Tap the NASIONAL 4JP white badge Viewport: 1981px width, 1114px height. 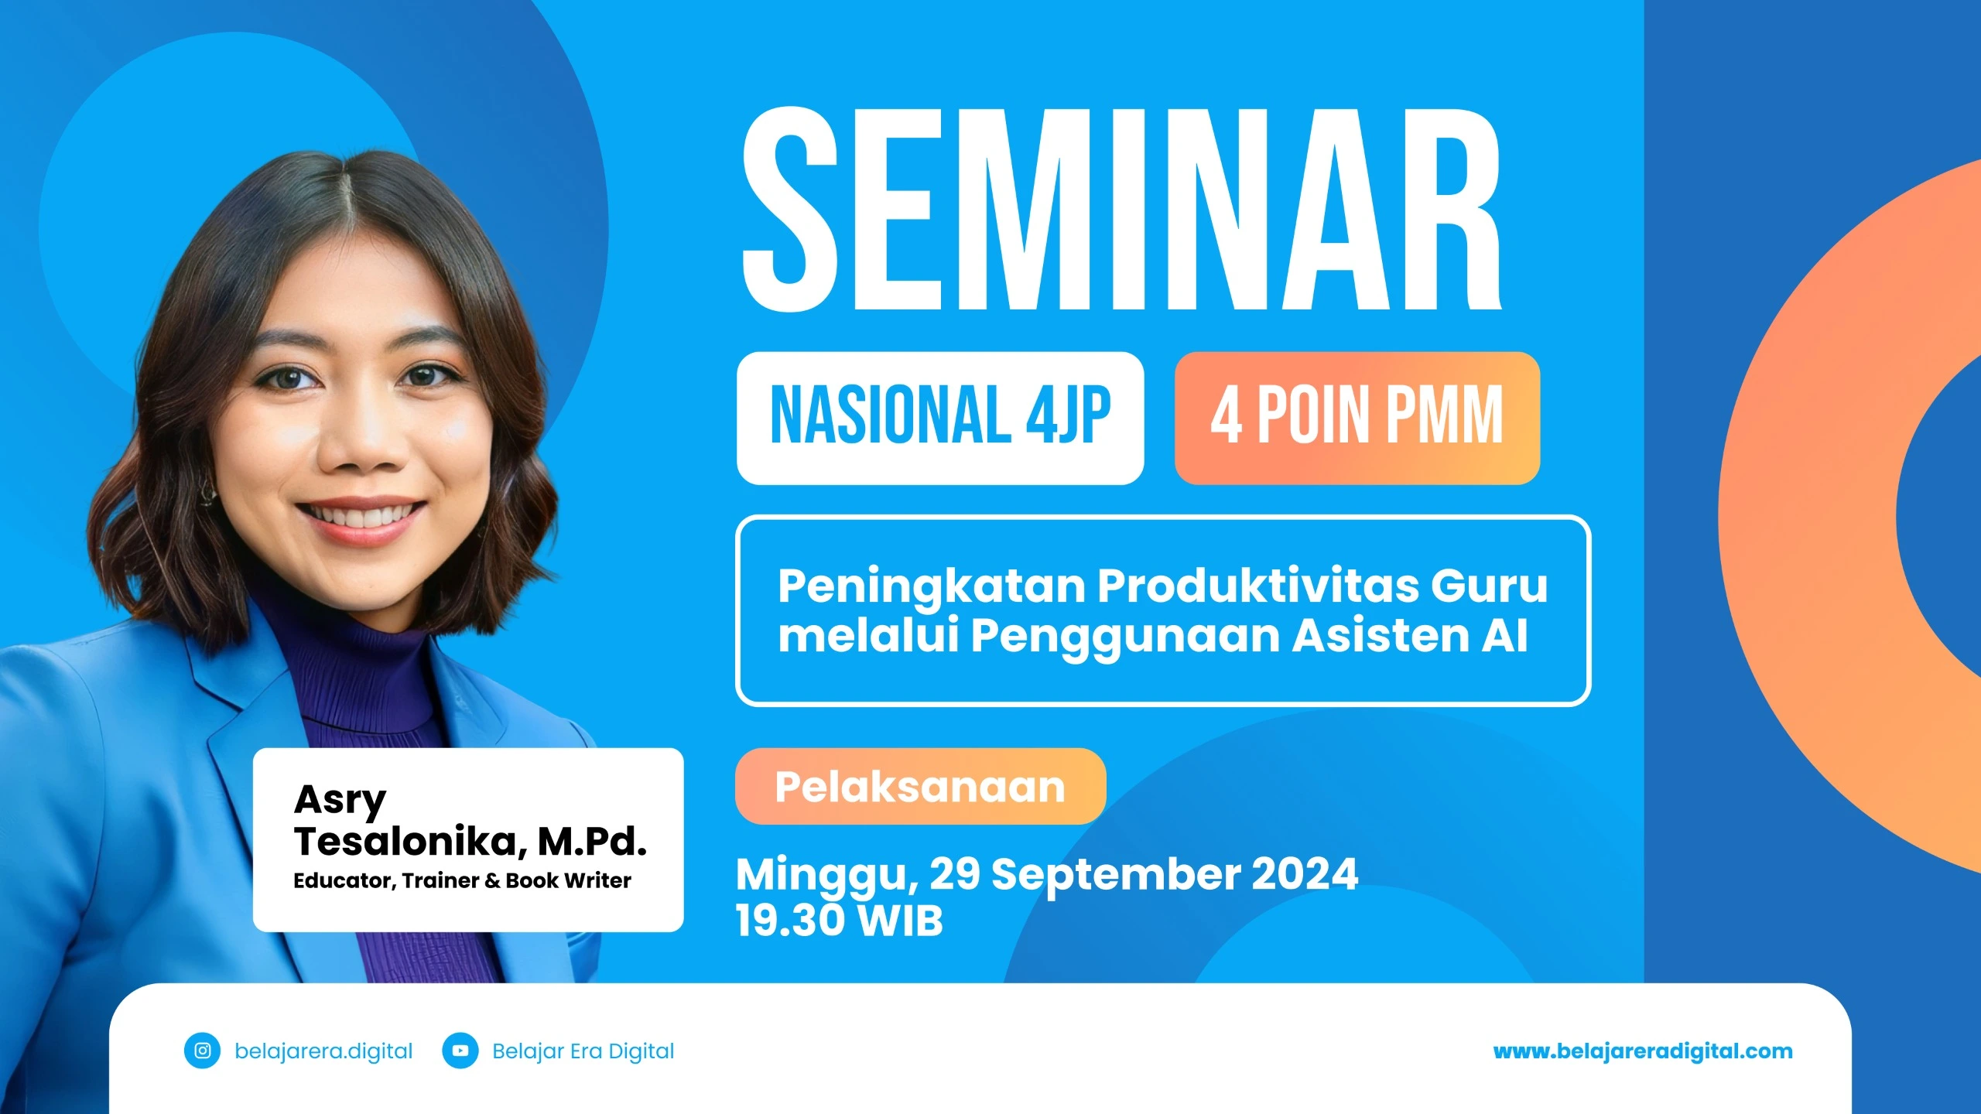pos(939,418)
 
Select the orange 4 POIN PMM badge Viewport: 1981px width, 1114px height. pos(1357,418)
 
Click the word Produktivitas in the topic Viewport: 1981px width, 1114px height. pos(1257,586)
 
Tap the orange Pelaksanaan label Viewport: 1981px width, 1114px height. pos(920,787)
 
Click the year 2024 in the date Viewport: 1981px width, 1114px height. pos(1305,874)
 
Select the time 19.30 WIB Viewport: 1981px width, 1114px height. pos(840,921)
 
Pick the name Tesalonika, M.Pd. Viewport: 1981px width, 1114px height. pos(470,842)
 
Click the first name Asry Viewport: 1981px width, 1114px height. pos(340,800)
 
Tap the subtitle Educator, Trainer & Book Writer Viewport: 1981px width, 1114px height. pos(462,881)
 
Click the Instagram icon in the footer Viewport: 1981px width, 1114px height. pos(203,1051)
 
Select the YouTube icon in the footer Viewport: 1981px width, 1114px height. pos(460,1051)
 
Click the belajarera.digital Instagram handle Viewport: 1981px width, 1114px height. pos(323,1051)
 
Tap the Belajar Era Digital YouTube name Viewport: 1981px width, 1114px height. pos(583,1051)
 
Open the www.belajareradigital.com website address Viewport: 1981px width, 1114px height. pos(1643,1051)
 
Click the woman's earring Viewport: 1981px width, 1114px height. pos(207,492)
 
